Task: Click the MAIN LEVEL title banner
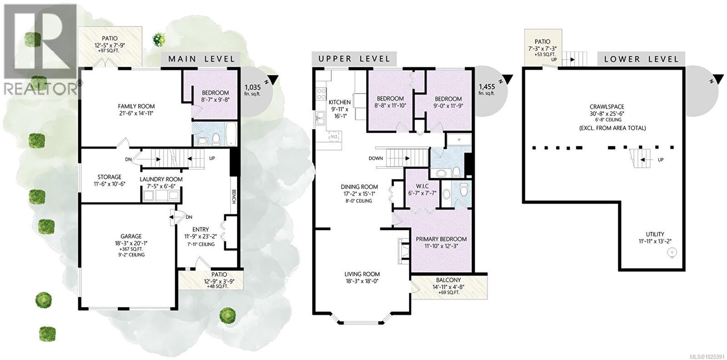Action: tap(202, 59)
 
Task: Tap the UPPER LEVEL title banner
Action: tap(354, 59)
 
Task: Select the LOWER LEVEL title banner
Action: tap(641, 59)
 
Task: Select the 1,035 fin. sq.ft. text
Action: tap(253, 90)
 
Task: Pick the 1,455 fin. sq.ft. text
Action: tap(487, 90)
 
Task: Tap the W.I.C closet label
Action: tap(422, 186)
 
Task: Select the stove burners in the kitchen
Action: tap(320, 94)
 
